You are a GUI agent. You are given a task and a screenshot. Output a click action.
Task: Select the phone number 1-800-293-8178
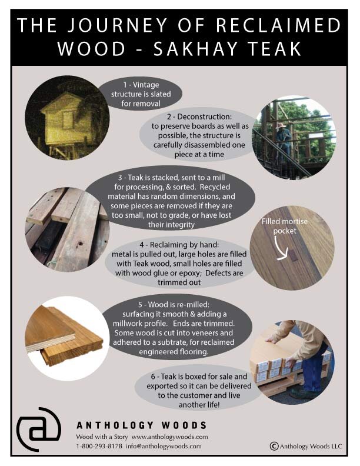99,446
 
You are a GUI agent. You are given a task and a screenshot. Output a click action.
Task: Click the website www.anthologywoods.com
169,437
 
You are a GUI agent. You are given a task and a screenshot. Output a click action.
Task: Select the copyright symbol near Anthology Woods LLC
274,446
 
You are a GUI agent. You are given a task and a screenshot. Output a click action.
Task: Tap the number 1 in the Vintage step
120,85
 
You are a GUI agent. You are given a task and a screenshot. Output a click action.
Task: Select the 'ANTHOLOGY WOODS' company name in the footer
141,425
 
